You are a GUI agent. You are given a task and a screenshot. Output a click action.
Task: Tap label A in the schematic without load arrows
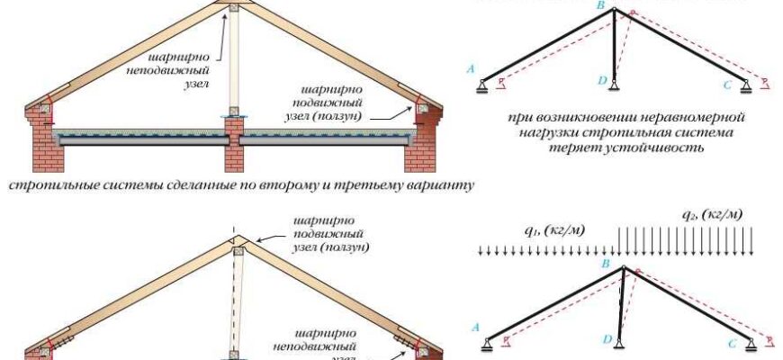(469, 67)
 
